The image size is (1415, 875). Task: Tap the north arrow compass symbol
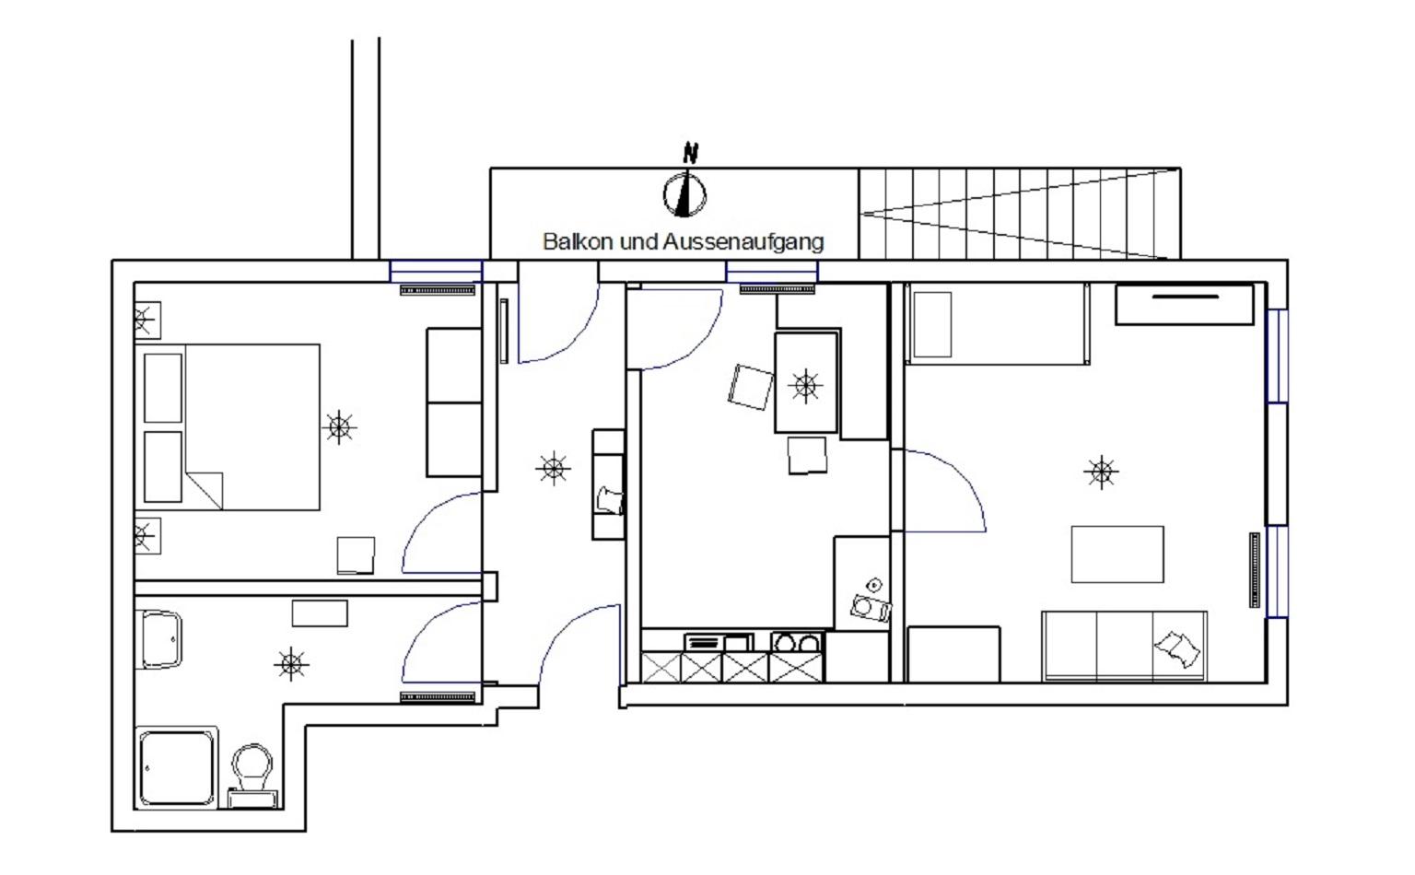[684, 194]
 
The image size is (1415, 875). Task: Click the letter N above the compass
[690, 153]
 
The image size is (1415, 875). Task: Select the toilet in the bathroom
[252, 775]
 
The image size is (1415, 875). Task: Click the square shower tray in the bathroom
[176, 767]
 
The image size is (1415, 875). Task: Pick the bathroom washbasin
[159, 639]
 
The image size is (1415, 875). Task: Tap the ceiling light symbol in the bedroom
[339, 427]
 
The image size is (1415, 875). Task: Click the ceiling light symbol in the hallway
[553, 468]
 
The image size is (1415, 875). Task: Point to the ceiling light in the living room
[1101, 472]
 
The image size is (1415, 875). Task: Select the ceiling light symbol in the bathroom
[291, 663]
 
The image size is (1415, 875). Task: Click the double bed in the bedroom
[228, 427]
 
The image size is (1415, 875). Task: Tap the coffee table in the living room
[1117, 554]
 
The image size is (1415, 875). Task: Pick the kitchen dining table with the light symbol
[806, 383]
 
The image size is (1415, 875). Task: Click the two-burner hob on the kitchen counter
[797, 642]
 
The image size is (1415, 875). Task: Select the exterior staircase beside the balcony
[1019, 214]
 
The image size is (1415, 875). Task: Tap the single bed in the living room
[998, 324]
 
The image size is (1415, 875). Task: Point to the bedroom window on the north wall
[436, 271]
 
